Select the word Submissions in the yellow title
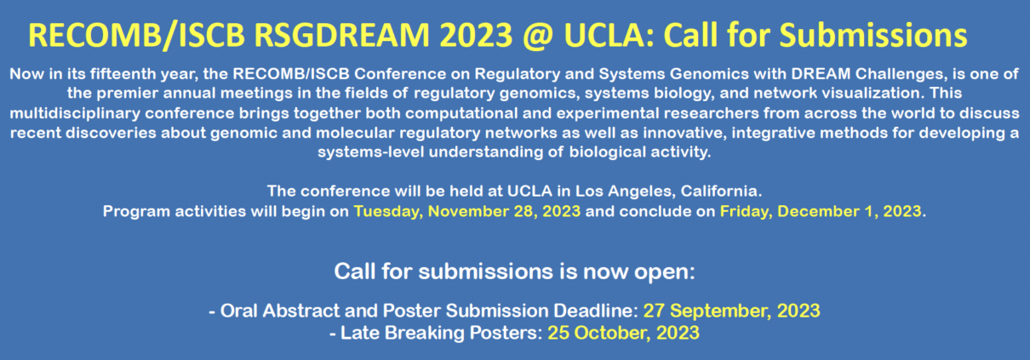click(x=873, y=36)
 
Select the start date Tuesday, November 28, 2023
click(x=467, y=212)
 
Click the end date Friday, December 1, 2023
click(x=821, y=212)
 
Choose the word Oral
click(x=238, y=311)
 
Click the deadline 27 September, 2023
click(x=731, y=311)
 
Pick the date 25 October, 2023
click(x=623, y=333)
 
